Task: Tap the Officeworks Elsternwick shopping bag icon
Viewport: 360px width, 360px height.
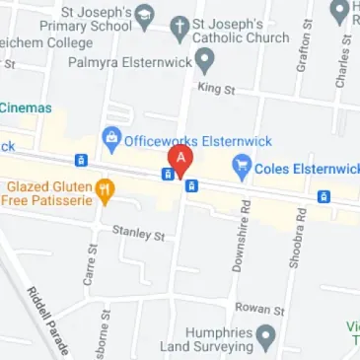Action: point(110,139)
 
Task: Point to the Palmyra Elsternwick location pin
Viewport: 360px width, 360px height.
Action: point(204,61)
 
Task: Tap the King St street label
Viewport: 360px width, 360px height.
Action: point(213,90)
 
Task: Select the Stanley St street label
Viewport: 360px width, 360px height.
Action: point(138,233)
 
